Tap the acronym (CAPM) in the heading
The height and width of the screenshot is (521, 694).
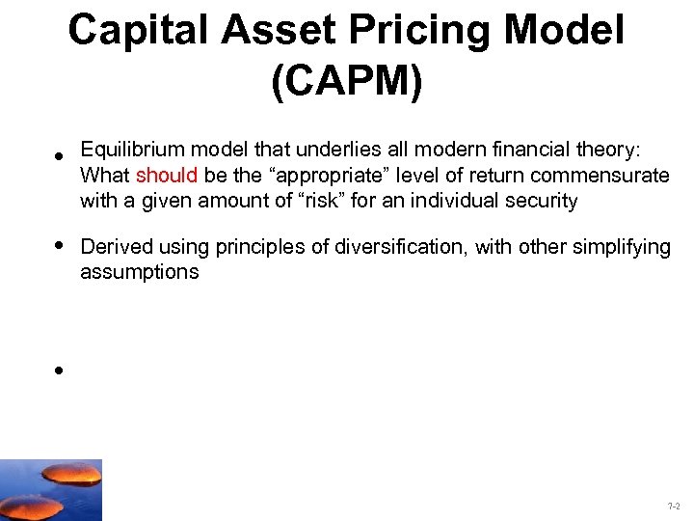pyautogui.click(x=347, y=82)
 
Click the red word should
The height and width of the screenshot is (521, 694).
pyautogui.click(x=168, y=176)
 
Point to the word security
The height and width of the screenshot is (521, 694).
pyautogui.click(x=543, y=201)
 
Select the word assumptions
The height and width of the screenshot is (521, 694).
pyautogui.click(x=139, y=272)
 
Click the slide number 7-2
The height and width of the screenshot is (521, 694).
pyautogui.click(x=673, y=507)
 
